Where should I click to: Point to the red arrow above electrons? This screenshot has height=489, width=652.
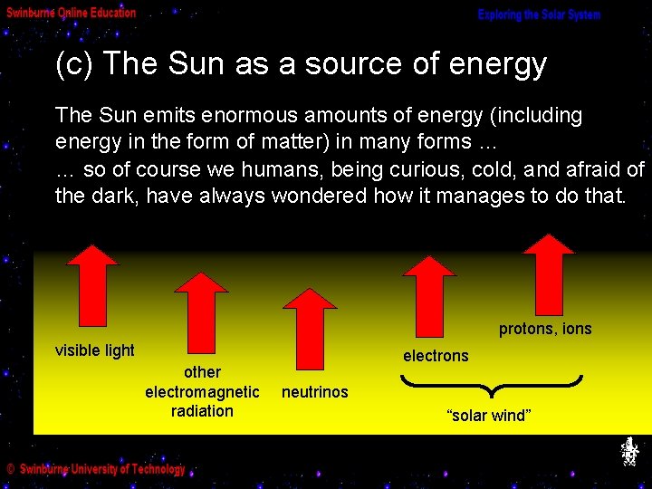click(x=429, y=295)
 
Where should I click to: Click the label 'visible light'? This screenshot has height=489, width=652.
click(x=95, y=350)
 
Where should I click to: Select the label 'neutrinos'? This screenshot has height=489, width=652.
click(x=314, y=392)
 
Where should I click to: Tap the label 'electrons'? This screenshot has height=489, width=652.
click(x=436, y=356)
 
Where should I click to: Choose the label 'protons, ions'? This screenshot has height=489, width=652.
click(x=545, y=329)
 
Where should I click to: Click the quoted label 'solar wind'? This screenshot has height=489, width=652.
click(x=489, y=416)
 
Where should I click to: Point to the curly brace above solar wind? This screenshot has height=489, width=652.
click(x=490, y=387)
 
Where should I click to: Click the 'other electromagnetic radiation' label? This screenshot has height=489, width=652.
click(x=202, y=391)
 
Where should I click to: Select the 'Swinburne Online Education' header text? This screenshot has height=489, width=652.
click(x=72, y=13)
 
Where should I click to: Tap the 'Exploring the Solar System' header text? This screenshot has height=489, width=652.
click(x=539, y=15)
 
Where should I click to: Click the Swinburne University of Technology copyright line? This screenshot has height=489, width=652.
click(x=96, y=469)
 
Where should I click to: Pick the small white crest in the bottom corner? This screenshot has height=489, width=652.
click(x=629, y=452)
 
